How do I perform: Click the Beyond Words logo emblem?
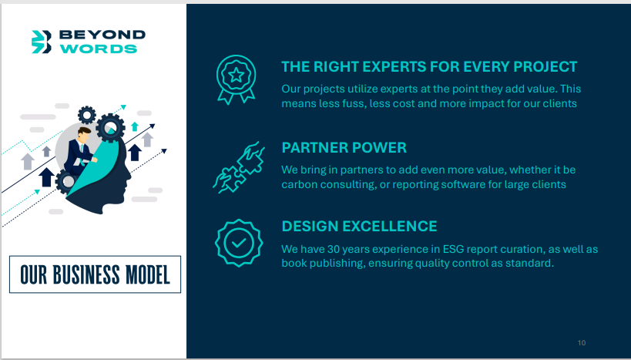point(42,42)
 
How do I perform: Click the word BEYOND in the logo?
point(102,35)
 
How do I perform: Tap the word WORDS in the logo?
point(99,49)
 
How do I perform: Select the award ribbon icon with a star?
point(237,79)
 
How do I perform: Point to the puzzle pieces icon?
point(239,167)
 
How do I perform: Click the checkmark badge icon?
point(239,243)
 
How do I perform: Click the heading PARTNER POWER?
point(344,148)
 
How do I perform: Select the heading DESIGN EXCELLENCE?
point(359,227)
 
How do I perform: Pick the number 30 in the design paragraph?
point(334,249)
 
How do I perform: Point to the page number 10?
point(582,343)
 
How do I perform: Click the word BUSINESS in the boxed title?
point(86,274)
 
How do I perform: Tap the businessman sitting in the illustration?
point(80,152)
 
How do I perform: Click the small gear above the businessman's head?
point(86,115)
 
